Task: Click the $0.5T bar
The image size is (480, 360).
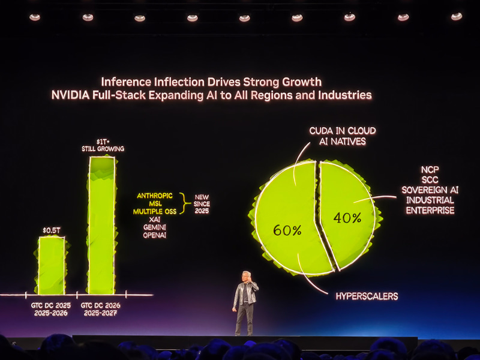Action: click(52, 265)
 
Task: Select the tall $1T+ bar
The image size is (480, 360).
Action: click(101, 225)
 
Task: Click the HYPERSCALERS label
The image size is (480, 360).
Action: click(366, 296)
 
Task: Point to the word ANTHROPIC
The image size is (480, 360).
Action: click(155, 196)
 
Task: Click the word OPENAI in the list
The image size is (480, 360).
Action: click(154, 235)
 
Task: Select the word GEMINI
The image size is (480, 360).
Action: click(154, 227)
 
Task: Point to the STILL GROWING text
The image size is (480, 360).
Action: click(103, 148)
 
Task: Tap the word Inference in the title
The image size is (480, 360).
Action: click(125, 82)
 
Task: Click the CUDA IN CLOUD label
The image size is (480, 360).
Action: click(343, 130)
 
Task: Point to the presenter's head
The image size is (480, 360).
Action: click(246, 277)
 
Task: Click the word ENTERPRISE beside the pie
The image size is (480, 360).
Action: click(430, 210)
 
